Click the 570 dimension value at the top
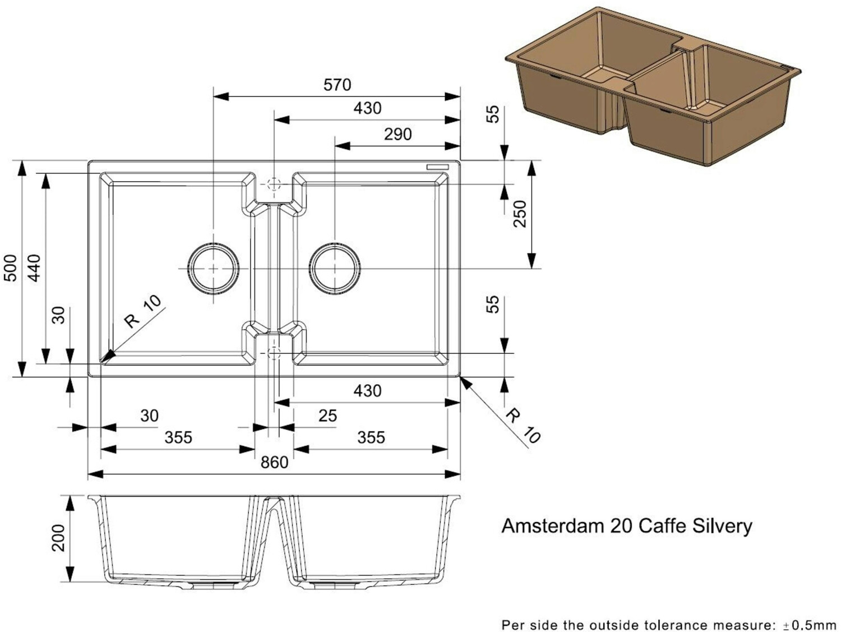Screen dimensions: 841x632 [x=337, y=85]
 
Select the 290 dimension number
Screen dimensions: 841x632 [x=398, y=135]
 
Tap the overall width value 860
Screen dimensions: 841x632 [x=274, y=463]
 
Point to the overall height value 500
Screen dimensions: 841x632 [x=10, y=268]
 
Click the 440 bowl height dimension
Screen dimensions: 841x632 [x=34, y=268]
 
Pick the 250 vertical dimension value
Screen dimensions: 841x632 [x=520, y=214]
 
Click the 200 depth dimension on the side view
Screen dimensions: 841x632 [x=58, y=538]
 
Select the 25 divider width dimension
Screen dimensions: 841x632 [x=327, y=416]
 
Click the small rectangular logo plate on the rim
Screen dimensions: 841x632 [x=437, y=167]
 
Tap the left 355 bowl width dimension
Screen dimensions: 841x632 [x=178, y=437]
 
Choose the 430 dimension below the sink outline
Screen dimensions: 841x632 [x=367, y=390]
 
